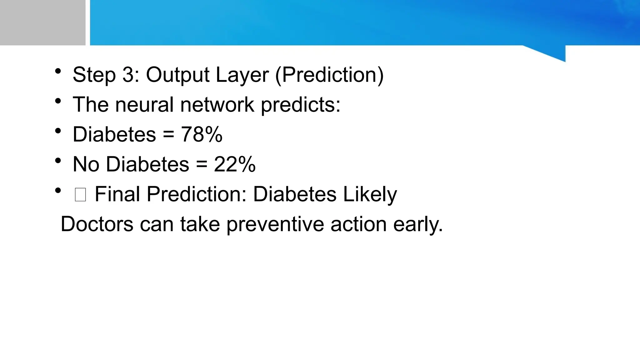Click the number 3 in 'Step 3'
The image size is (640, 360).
point(128,75)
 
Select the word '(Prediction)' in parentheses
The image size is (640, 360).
point(329,75)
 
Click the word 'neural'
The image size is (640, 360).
point(144,104)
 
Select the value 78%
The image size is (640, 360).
point(202,135)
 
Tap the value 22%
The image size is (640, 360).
point(235,164)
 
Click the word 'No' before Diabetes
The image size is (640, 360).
point(86,164)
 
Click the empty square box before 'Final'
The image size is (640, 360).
point(80,195)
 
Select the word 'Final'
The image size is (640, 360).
point(117,194)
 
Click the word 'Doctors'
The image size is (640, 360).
point(97,224)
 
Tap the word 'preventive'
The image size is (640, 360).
point(275,225)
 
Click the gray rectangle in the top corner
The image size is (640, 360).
point(42,22)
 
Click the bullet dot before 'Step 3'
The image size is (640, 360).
point(58,71)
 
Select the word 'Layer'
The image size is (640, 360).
point(242,75)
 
